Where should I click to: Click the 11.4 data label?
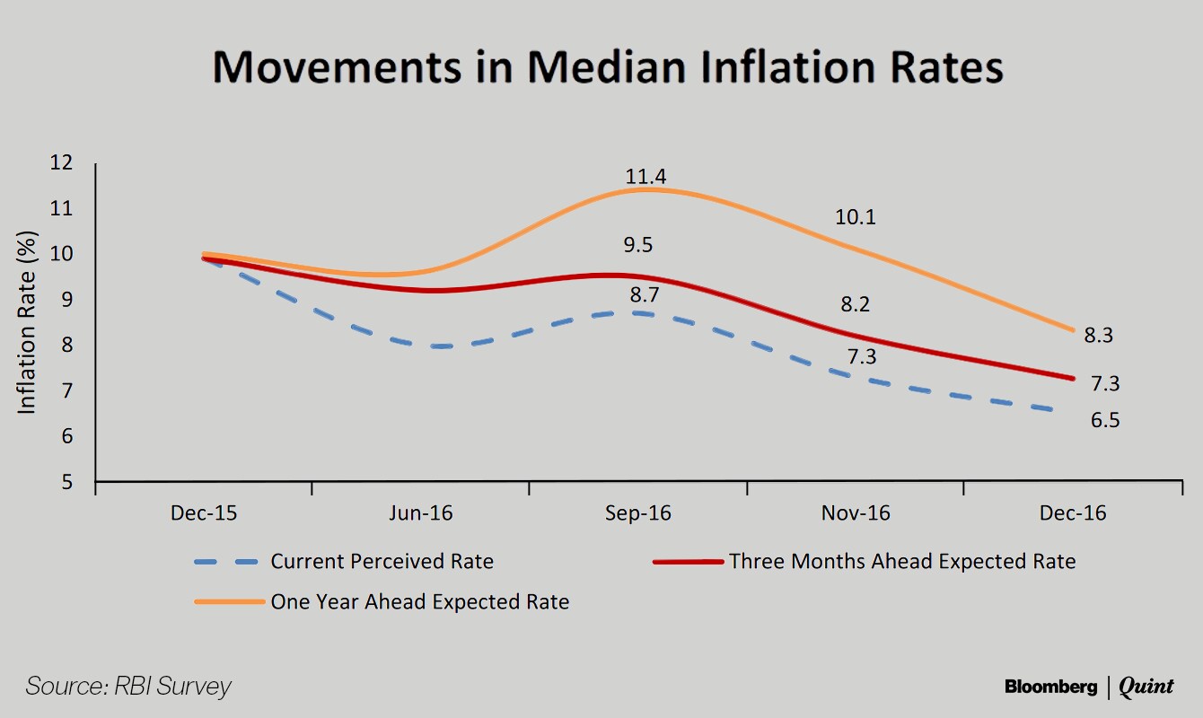[645, 177]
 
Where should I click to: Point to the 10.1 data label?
[855, 217]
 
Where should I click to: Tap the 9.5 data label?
[638, 245]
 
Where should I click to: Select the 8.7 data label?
[645, 294]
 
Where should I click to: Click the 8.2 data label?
[855, 304]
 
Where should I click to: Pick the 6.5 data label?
[1105, 420]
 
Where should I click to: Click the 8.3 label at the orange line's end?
[1099, 335]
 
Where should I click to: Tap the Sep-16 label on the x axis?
[638, 513]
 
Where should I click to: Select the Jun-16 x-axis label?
[420, 513]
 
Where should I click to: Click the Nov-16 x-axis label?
[856, 513]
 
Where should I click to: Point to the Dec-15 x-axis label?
[204, 513]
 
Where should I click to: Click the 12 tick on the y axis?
[61, 162]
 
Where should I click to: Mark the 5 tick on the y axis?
[66, 482]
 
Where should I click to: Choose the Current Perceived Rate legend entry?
[344, 562]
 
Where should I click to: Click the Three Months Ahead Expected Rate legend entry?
[865, 562]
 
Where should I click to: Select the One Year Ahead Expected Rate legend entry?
[382, 602]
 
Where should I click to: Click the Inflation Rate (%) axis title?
[26, 323]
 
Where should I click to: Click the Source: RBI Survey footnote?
[128, 687]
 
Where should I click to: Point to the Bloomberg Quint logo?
[1089, 687]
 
